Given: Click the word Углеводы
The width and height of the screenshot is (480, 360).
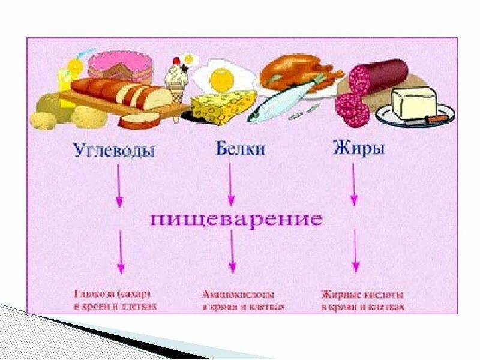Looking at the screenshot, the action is click(114, 149).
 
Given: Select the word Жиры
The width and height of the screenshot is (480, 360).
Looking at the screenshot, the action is click(358, 148).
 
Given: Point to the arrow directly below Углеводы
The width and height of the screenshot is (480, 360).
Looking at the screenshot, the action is click(120, 186).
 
